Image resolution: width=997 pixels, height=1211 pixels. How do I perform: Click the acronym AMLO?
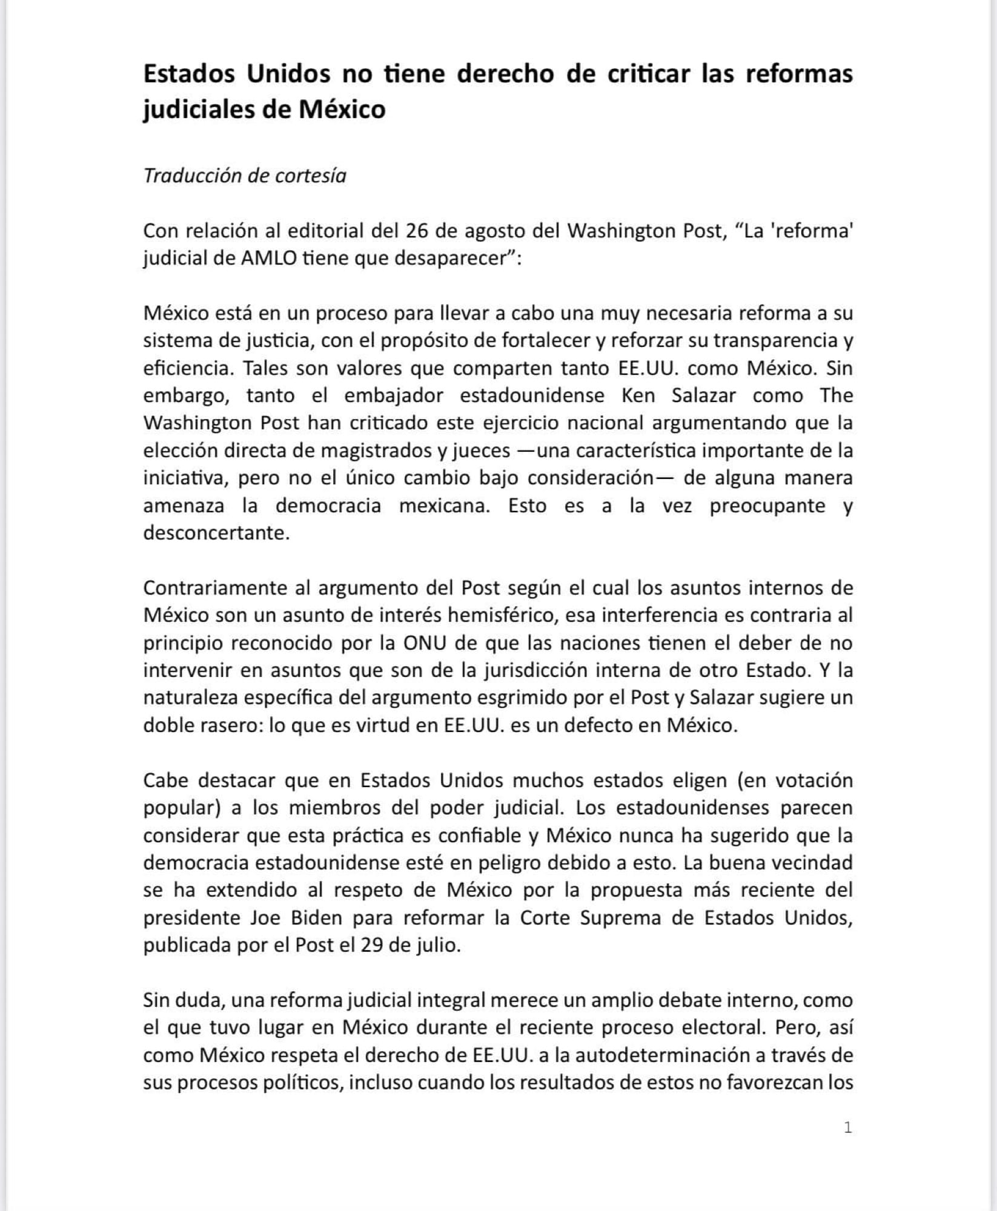pos(269,258)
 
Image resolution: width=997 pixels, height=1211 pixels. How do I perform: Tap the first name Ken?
pos(638,395)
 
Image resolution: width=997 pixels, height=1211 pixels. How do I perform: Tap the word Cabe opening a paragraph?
pos(165,780)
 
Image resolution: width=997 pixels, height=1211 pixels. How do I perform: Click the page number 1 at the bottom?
pos(847,1127)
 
